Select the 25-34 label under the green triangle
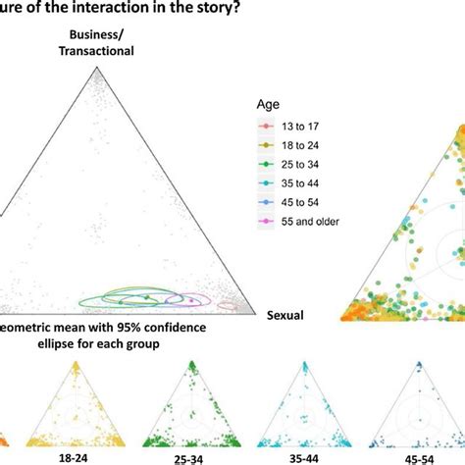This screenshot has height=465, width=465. click(x=185, y=457)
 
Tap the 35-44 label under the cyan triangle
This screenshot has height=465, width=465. click(x=308, y=457)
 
